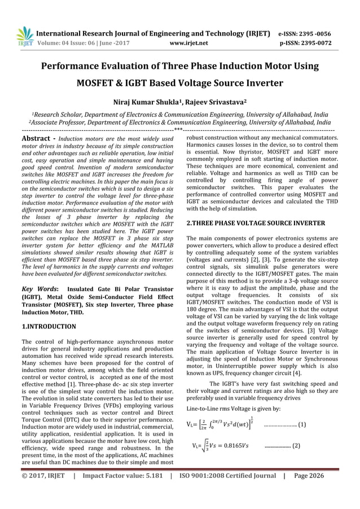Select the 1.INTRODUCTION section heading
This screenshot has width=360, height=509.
pyautogui.click(x=49, y=326)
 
